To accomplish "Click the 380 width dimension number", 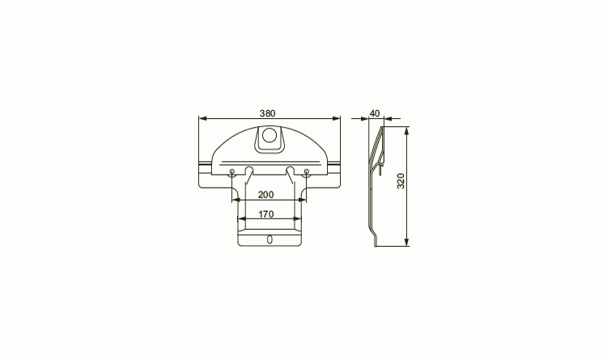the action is [268, 113].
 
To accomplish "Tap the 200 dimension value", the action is [265, 195].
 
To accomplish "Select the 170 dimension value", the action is [266, 214].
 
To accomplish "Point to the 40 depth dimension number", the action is [375, 113].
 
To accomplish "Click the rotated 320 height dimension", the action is [401, 180].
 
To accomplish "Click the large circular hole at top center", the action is [270, 136].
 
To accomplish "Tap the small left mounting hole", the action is [232, 172].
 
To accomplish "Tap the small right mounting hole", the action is [307, 172].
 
